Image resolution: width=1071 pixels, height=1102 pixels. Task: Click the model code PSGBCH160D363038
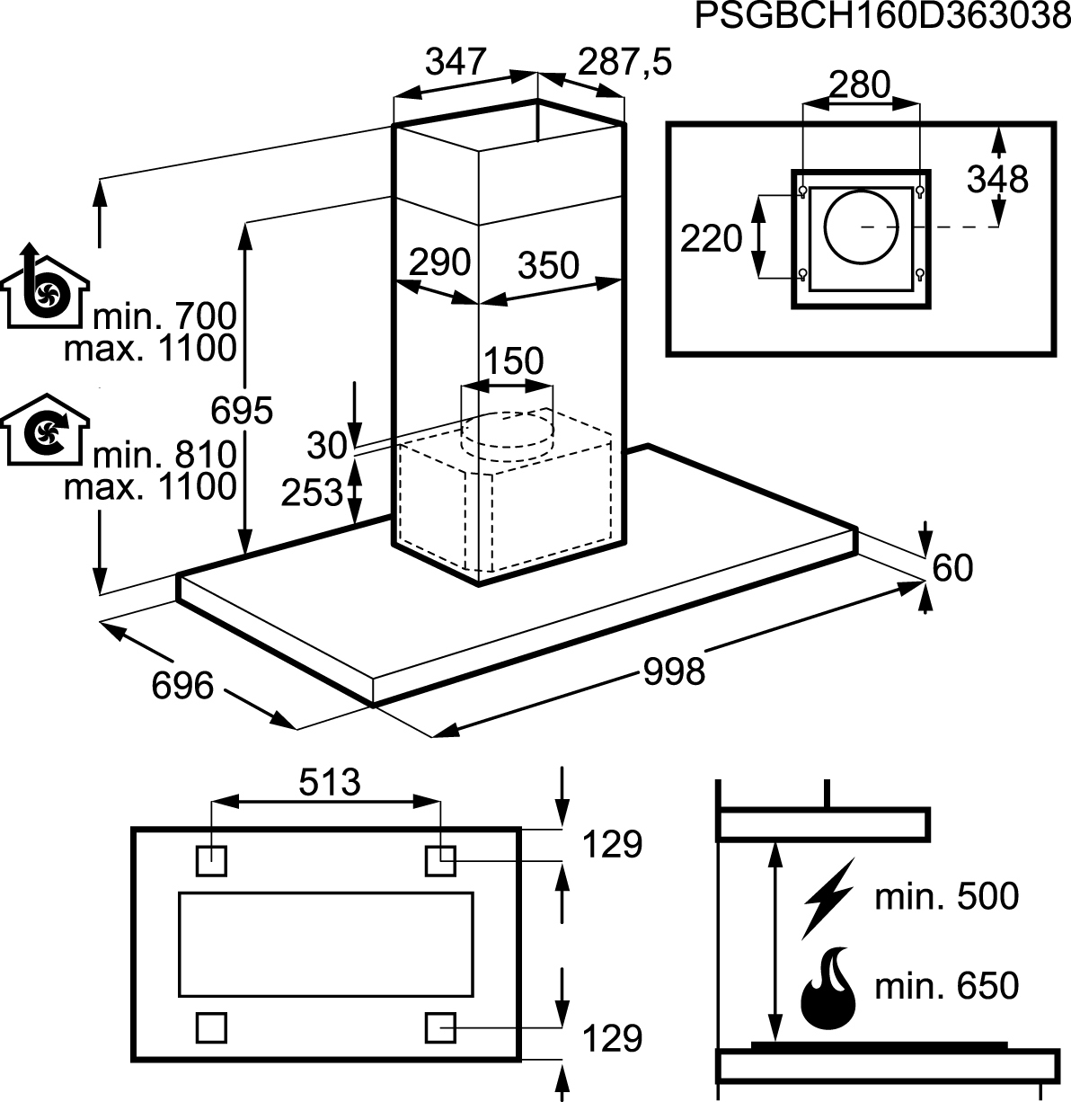pos(882,16)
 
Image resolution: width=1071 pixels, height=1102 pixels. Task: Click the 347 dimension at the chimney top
pos(456,62)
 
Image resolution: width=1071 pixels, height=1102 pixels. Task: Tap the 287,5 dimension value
pos(624,62)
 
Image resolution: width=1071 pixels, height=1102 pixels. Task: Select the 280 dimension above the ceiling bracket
pos(860,85)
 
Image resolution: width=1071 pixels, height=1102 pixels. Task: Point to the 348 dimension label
pos(997,180)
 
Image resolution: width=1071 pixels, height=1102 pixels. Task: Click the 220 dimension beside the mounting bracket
pos(711,238)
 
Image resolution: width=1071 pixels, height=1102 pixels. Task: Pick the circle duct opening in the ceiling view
pos(861,227)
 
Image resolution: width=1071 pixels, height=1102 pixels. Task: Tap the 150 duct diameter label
pos(514,360)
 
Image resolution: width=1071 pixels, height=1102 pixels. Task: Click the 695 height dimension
pos(242,411)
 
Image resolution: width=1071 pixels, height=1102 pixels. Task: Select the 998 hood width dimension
pos(674,672)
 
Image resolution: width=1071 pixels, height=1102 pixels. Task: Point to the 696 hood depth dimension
pos(182,686)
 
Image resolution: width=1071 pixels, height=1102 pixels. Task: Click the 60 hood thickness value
pos(952,568)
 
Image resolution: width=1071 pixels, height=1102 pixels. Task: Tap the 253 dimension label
pos(312,492)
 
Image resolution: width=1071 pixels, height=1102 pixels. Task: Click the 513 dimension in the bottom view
pos(330,783)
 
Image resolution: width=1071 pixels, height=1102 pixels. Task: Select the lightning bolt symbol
pos(828,899)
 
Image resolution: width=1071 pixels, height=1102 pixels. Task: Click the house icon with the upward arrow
pos(45,286)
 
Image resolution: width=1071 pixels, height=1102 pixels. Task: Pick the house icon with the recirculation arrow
pos(45,430)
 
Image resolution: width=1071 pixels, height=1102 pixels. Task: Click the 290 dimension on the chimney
pos(440,262)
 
